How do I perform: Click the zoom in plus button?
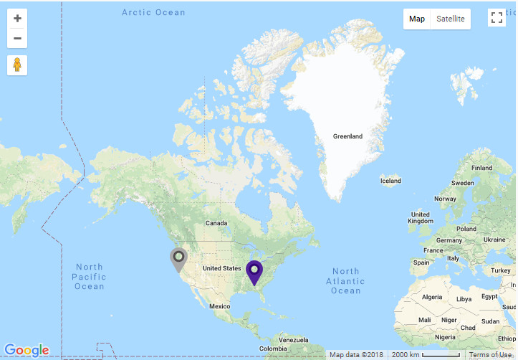click(17, 19)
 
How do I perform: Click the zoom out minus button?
click(17, 39)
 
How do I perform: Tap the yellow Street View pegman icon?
click(17, 65)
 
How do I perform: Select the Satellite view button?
click(451, 19)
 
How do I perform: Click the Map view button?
click(417, 19)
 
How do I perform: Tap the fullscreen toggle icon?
click(497, 18)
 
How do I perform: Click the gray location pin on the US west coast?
click(178, 259)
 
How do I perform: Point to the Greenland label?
click(347, 136)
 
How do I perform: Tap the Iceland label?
click(390, 181)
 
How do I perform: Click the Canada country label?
click(216, 223)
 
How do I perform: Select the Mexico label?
click(219, 306)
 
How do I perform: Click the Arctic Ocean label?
click(153, 12)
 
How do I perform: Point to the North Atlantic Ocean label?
click(346, 280)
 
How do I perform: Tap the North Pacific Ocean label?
click(89, 277)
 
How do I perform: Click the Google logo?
click(27, 350)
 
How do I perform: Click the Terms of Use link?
click(491, 355)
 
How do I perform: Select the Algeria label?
click(432, 297)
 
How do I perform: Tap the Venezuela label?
click(294, 338)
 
